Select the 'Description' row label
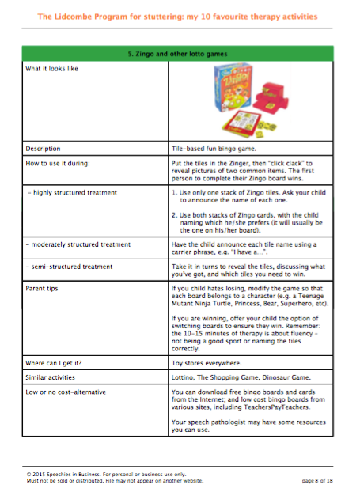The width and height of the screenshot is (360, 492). pos(44,148)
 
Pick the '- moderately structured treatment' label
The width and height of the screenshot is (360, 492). pos(78,244)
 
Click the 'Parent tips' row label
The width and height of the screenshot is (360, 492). pos(45,290)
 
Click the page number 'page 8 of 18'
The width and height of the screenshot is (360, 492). pos(320,479)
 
